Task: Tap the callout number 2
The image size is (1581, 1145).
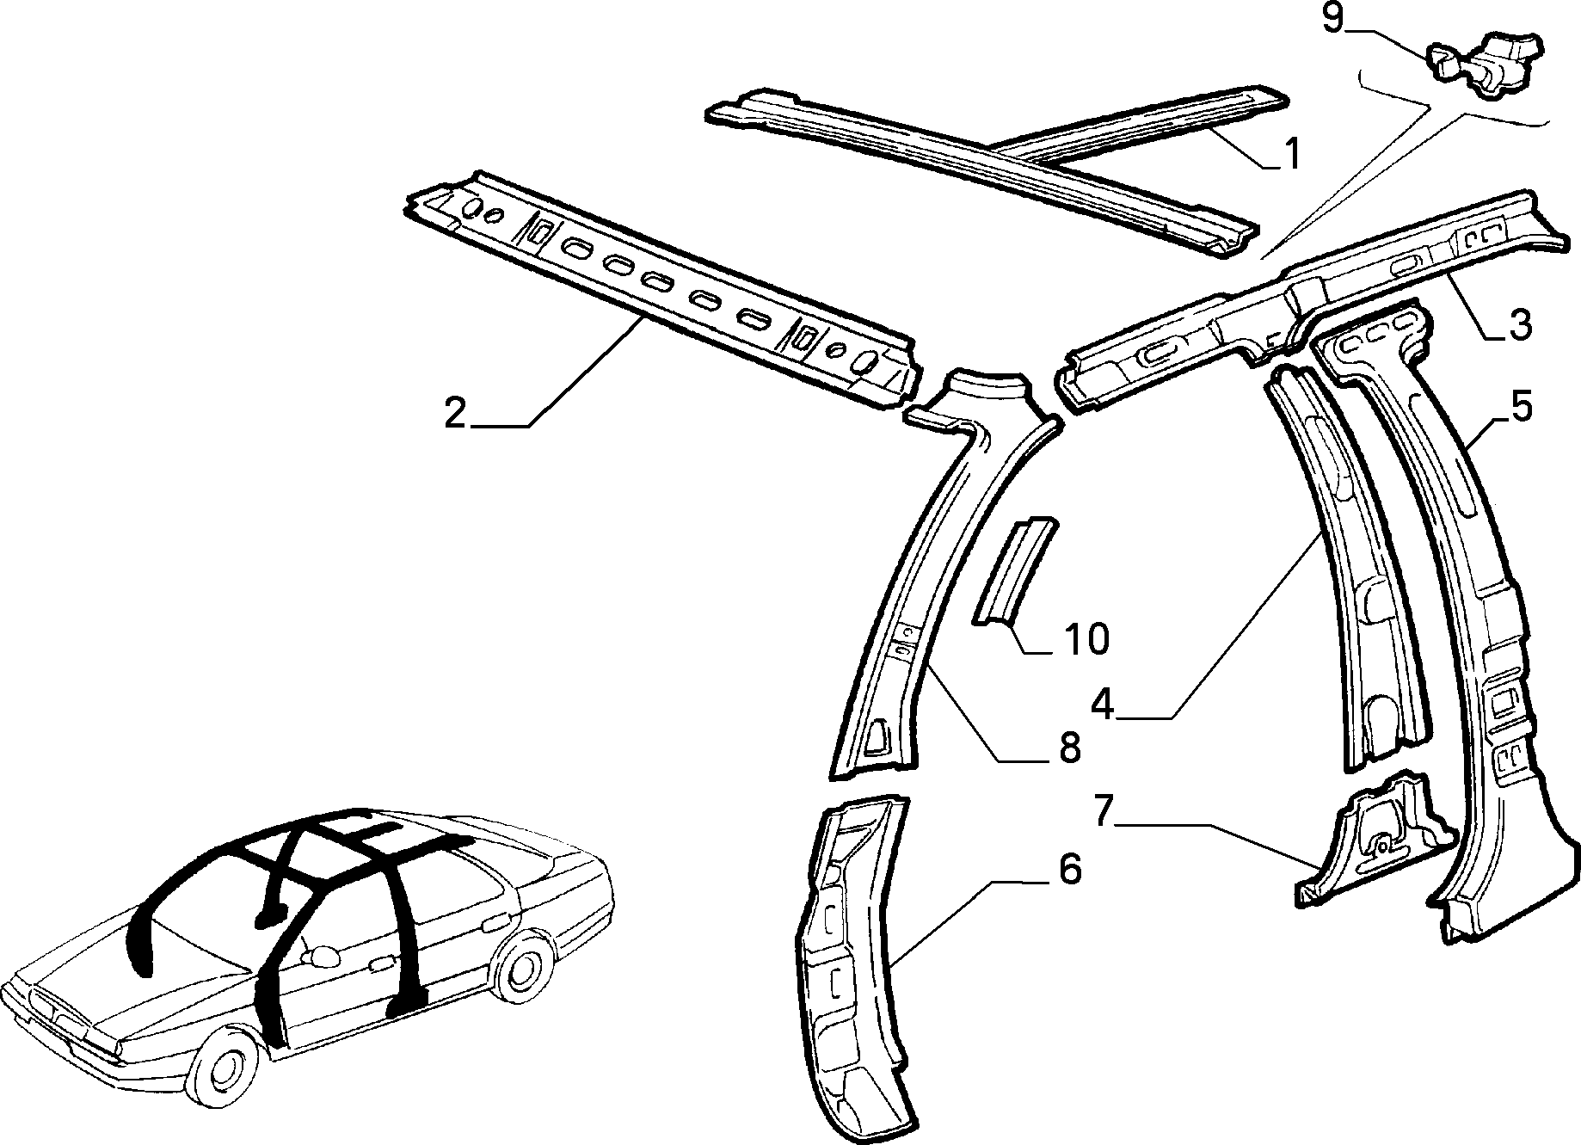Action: (x=455, y=414)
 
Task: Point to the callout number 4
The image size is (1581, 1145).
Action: (x=1103, y=705)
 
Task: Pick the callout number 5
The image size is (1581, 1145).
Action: (x=1522, y=406)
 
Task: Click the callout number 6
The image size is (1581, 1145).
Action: (x=1069, y=870)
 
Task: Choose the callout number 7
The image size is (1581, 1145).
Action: (x=1104, y=812)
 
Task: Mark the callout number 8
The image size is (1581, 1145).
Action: (x=1068, y=748)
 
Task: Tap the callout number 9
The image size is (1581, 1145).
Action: (x=1332, y=18)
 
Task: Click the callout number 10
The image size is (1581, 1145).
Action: (x=1086, y=639)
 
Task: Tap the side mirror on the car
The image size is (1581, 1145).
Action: (x=323, y=956)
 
